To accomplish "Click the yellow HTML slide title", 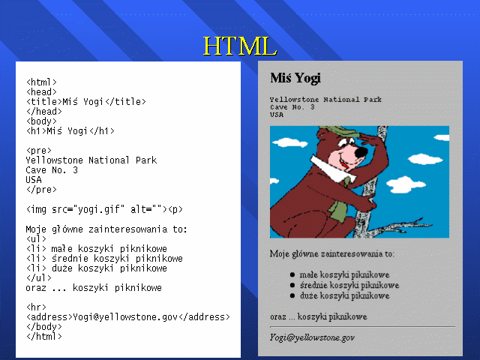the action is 240,46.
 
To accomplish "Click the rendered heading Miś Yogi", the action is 295,78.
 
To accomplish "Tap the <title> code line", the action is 86,101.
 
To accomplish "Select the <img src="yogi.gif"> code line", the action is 104,209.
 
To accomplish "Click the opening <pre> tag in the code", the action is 39,151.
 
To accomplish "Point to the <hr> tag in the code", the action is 36,307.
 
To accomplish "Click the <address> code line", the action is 128,316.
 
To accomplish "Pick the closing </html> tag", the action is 44,337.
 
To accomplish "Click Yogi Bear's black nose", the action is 361,151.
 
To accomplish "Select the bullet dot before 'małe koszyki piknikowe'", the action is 292,275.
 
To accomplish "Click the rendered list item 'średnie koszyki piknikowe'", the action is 349,285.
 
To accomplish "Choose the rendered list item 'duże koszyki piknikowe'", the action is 345,295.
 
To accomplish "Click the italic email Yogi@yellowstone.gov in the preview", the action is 312,337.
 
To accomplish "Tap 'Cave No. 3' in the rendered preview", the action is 292,107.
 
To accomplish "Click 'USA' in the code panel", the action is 34,180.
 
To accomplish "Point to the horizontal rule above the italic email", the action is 362,327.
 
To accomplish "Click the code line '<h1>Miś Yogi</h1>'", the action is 70,131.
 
